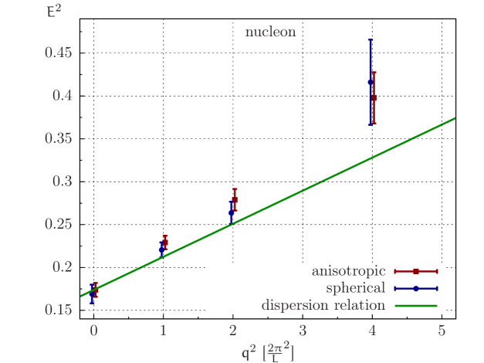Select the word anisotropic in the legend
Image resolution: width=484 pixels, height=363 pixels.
click(x=348, y=271)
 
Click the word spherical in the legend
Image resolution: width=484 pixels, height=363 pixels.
click(x=355, y=288)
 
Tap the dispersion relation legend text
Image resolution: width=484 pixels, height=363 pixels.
click(x=323, y=305)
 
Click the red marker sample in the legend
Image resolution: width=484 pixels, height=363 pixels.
click(x=415, y=271)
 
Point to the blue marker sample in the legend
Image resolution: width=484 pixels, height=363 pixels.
click(x=415, y=288)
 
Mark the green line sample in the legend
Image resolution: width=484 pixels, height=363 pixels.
click(x=415, y=306)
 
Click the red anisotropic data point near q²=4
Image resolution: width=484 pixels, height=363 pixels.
click(x=374, y=98)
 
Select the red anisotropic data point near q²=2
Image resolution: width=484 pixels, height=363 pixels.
click(x=235, y=199)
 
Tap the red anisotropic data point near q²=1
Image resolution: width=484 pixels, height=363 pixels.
click(x=165, y=242)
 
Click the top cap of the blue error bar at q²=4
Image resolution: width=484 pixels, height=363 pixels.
click(x=371, y=40)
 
